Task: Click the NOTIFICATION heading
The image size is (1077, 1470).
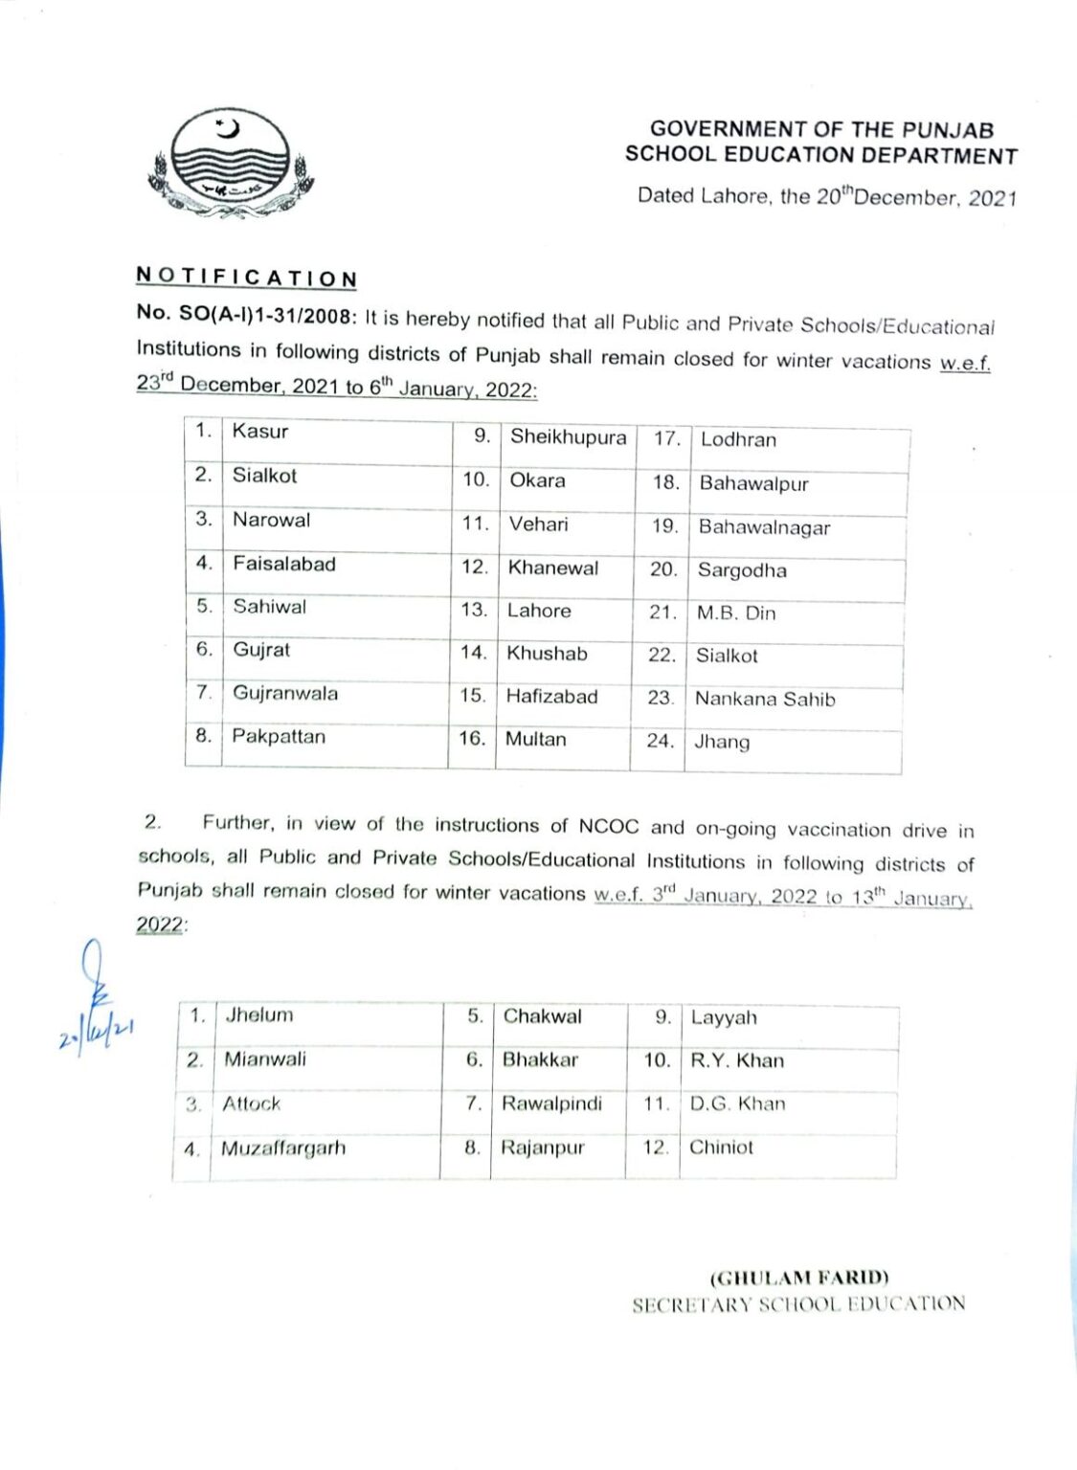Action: [x=246, y=278]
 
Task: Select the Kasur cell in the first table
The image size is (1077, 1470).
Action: [x=260, y=432]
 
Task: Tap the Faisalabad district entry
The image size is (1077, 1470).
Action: [x=284, y=564]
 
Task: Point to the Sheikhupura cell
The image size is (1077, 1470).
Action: [x=568, y=437]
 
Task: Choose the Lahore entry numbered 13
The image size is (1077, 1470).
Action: [x=539, y=611]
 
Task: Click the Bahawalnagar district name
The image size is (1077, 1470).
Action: [x=764, y=527]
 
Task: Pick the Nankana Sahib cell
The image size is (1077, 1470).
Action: [x=765, y=699]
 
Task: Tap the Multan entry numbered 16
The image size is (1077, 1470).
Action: [x=535, y=739]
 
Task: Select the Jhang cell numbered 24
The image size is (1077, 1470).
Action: [x=722, y=742]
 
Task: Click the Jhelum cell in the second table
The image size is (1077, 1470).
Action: [x=259, y=1015]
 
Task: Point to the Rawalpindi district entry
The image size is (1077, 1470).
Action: [x=551, y=1103]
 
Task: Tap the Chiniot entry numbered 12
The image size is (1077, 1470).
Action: [x=721, y=1147]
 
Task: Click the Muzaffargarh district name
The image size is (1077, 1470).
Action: [x=283, y=1147]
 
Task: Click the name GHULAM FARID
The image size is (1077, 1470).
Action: [x=799, y=1278]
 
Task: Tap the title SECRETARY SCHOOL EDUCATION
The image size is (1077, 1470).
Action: [x=798, y=1303]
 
